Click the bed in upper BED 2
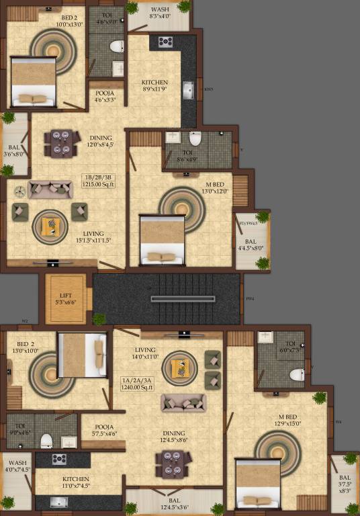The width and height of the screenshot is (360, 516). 32,82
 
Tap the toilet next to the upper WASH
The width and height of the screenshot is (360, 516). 116,47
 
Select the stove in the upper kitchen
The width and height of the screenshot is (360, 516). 165,42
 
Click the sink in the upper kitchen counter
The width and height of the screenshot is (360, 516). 188,89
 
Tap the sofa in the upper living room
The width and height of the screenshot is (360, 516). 50,189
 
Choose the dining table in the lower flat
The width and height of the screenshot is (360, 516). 173,464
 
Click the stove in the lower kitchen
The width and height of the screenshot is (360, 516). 59,460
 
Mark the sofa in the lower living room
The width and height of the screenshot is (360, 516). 183,402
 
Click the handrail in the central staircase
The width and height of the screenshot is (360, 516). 175,298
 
